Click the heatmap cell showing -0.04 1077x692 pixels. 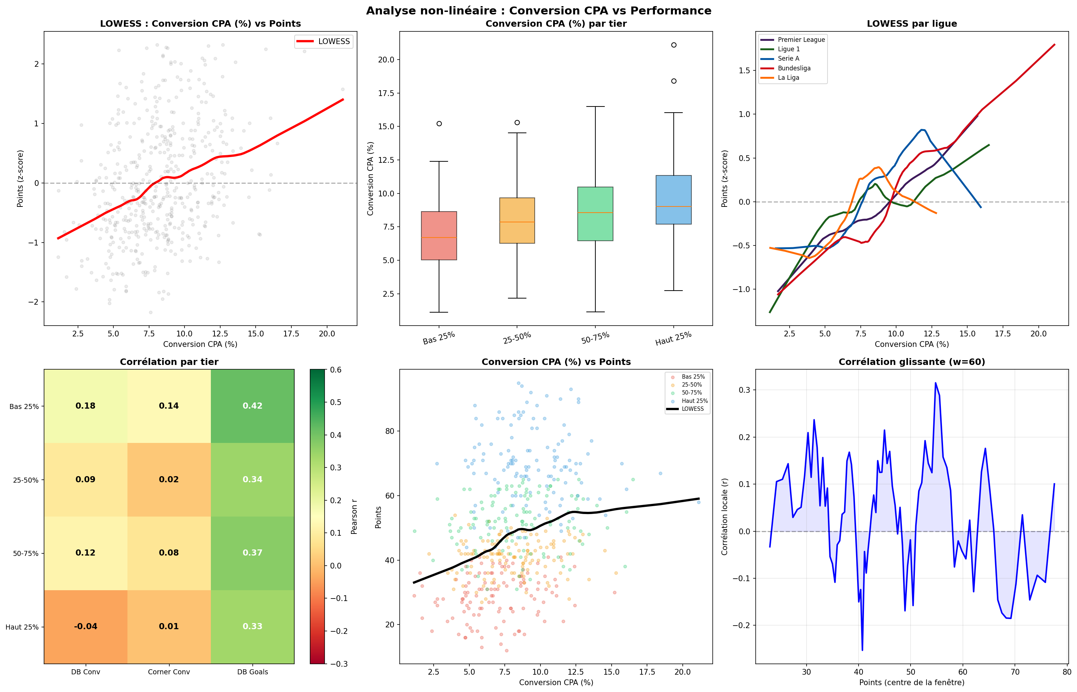pyautogui.click(x=85, y=626)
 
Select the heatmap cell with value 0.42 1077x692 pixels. pyautogui.click(x=252, y=406)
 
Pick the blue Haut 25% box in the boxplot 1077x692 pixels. pyautogui.click(x=673, y=200)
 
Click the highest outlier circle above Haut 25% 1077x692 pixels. pyautogui.click(x=673, y=45)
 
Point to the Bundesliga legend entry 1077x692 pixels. pyautogui.click(x=794, y=68)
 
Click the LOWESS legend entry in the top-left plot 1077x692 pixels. pyautogui.click(x=333, y=42)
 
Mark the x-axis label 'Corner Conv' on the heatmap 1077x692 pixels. pyautogui.click(x=169, y=672)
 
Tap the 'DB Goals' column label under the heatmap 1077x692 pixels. pyautogui.click(x=252, y=672)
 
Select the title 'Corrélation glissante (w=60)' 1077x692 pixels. pyautogui.click(x=911, y=362)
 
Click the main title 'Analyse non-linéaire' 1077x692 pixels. pyautogui.click(x=538, y=11)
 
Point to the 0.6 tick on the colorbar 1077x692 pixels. pyautogui.click(x=336, y=370)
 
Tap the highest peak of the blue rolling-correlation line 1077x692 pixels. pyautogui.click(x=935, y=383)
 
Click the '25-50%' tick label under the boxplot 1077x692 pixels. pyautogui.click(x=517, y=338)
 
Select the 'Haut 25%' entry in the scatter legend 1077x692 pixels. pyautogui.click(x=694, y=401)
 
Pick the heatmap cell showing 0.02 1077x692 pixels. pyautogui.click(x=169, y=479)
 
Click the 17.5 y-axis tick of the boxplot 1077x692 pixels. pyautogui.click(x=386, y=93)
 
